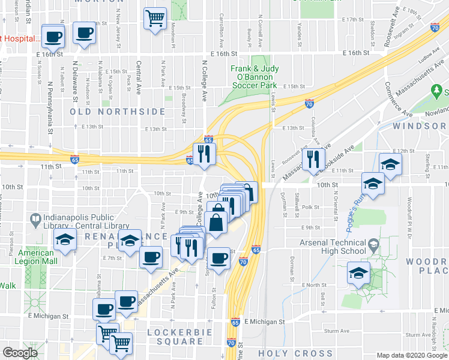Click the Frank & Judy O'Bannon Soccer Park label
pyautogui.click(x=255, y=77)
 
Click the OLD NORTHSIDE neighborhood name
pyautogui.click(x=118, y=112)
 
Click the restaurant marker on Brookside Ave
pyautogui.click(x=313, y=160)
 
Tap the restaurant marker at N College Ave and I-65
pyautogui.click(x=204, y=154)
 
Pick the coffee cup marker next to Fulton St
pyautogui.click(x=219, y=259)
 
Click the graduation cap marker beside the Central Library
pyautogui.click(x=63, y=241)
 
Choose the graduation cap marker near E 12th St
pyautogui.click(x=390, y=164)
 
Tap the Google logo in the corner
pyautogui.click(x=20, y=353)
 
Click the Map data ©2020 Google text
pyautogui.click(x=412, y=356)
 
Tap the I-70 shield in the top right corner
pyautogui.click(x=435, y=28)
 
